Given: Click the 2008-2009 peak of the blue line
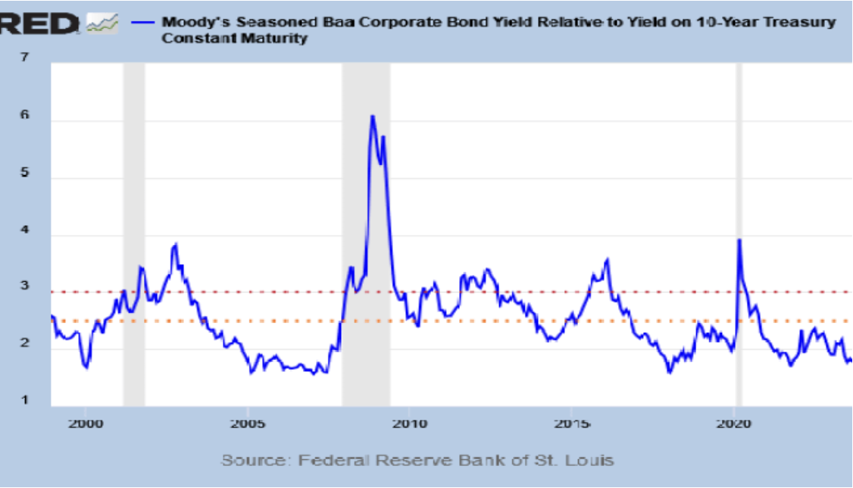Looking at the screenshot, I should [x=372, y=117].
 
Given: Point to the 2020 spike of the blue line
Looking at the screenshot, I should [x=739, y=240].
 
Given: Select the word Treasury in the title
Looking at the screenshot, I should [x=808, y=22].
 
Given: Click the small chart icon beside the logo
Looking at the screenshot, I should [x=103, y=23].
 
